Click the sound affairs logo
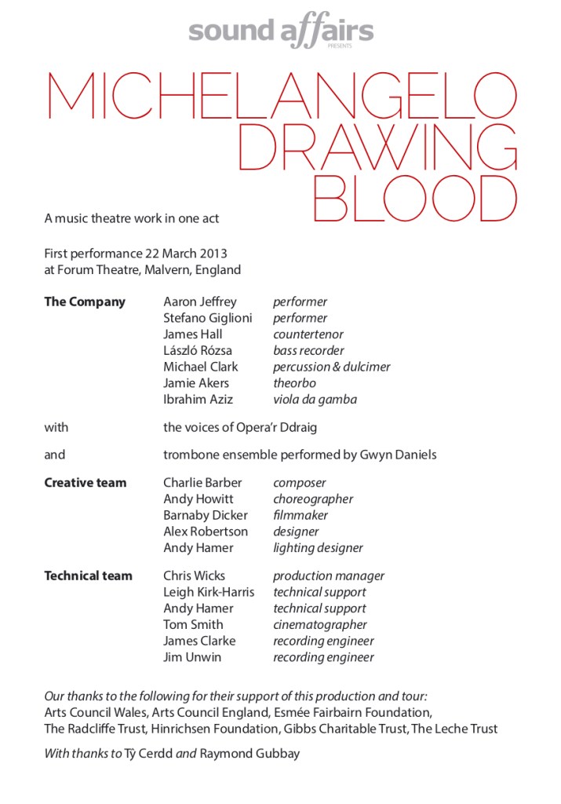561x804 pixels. coord(280,31)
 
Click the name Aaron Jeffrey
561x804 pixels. coord(199,302)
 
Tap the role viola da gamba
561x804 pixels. coord(315,400)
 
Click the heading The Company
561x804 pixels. coord(85,302)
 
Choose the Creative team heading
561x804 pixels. coord(85,483)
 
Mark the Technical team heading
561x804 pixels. coord(88,576)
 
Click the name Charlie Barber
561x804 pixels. coord(202,483)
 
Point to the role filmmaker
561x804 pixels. coord(301,516)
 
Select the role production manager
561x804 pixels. coord(329,576)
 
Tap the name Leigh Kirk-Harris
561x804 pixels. coord(209,593)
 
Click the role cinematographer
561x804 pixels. coord(320,625)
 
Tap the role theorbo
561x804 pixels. coord(294,383)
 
